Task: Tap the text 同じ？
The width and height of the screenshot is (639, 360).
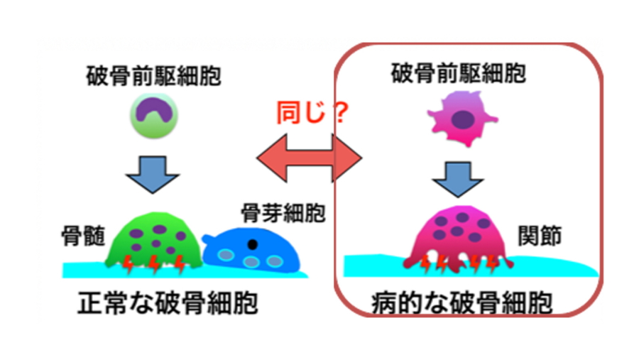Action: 312,113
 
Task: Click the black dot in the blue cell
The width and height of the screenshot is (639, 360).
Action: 252,244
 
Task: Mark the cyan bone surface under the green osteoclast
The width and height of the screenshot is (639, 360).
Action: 85,271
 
